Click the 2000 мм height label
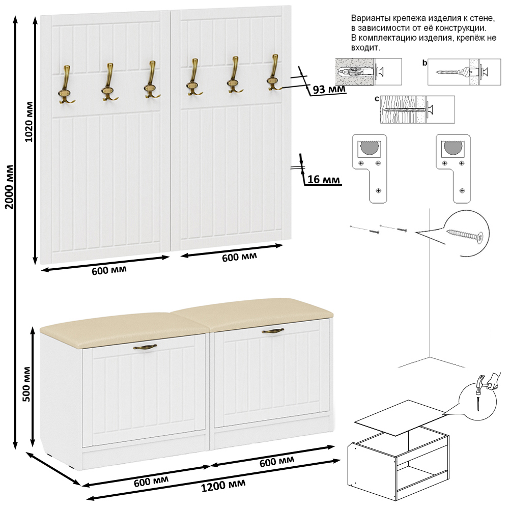coord(10,187)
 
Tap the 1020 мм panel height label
coord(29,122)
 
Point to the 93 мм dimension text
coord(329,89)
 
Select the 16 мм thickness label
coord(324,179)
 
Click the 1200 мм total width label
coord(223,486)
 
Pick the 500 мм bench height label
coord(26,384)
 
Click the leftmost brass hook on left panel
coord(66,85)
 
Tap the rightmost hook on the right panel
coord(274,73)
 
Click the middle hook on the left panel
coord(109,82)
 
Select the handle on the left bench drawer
coord(145,347)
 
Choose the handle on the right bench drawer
coord(273,331)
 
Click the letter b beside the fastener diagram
coord(425,63)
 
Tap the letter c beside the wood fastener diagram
coord(377,99)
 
